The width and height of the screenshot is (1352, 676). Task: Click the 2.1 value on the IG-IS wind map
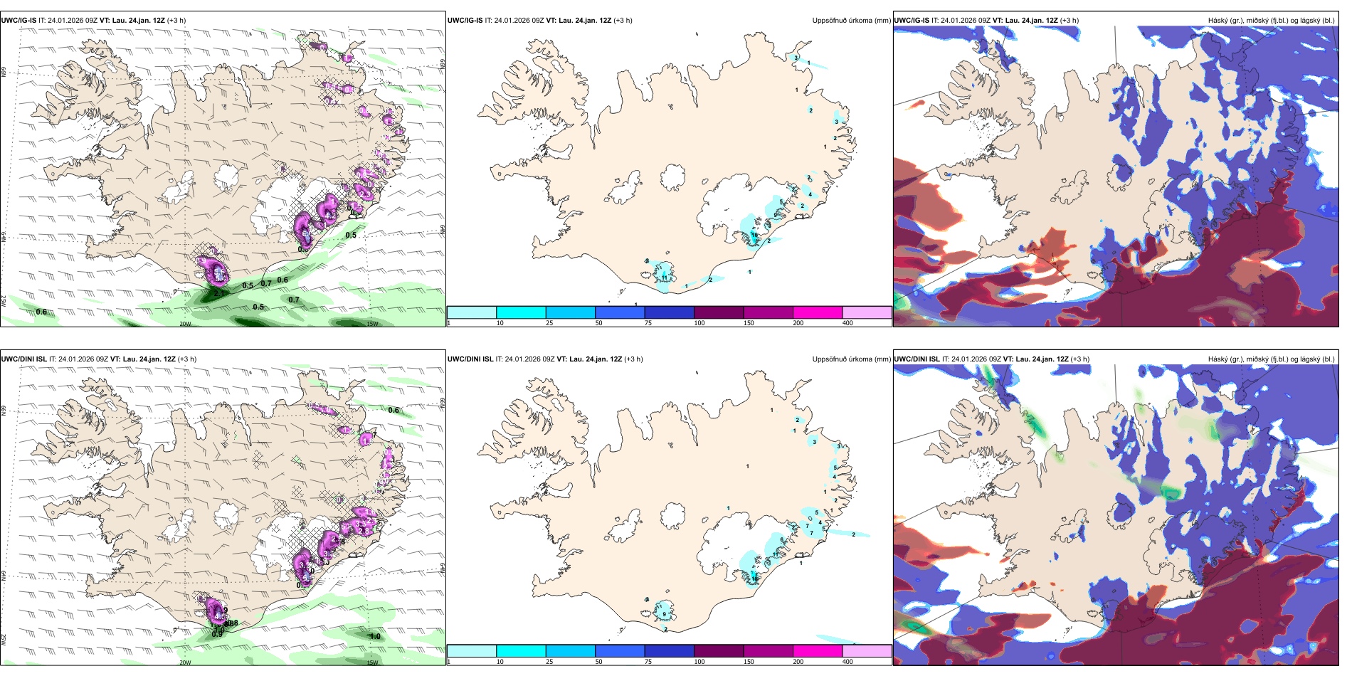(219, 292)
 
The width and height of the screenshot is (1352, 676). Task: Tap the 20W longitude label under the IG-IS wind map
(185, 324)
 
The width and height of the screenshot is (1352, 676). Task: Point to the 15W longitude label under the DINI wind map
(371, 662)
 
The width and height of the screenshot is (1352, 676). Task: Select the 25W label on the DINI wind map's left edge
(4, 640)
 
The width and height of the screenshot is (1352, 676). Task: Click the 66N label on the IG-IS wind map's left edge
(4, 74)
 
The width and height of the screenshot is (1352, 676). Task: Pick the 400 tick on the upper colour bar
(847, 323)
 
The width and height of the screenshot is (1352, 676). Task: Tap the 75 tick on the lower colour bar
(648, 662)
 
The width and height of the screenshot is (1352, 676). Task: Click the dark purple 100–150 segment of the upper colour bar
(718, 312)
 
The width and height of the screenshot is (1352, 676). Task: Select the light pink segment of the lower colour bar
(866, 651)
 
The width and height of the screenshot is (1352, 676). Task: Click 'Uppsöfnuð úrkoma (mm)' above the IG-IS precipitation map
(851, 21)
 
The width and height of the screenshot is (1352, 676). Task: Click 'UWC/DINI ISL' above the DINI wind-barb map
(23, 359)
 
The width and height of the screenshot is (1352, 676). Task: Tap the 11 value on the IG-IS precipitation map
(665, 278)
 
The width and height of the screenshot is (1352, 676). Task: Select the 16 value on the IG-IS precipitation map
(754, 235)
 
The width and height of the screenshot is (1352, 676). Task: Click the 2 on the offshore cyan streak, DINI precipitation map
(853, 534)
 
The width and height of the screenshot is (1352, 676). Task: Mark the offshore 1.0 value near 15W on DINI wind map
(375, 636)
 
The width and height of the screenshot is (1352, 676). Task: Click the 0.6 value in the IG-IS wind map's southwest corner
(41, 312)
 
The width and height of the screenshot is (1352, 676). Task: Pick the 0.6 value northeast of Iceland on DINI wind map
(394, 410)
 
